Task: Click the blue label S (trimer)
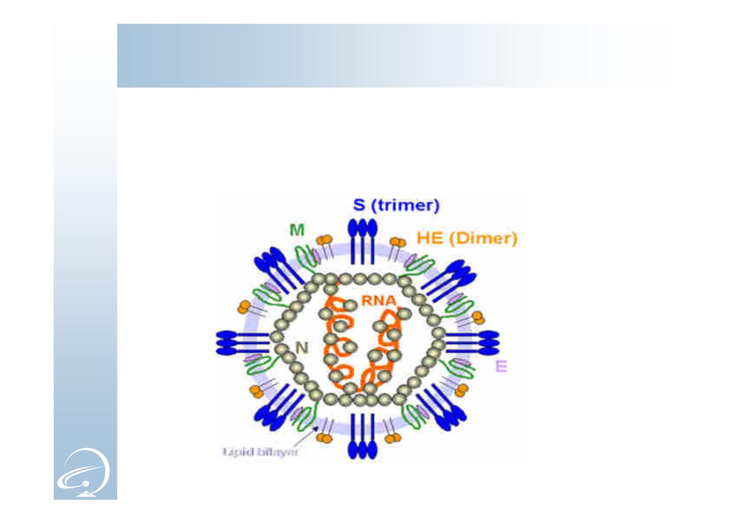(x=396, y=205)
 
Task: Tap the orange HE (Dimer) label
(x=467, y=238)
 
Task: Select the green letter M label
(x=297, y=229)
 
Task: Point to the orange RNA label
(x=378, y=300)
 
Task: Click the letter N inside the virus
(x=301, y=347)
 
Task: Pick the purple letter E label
(x=501, y=366)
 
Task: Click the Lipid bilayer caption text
(x=260, y=452)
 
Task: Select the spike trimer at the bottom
(x=362, y=436)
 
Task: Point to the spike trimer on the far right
(x=472, y=342)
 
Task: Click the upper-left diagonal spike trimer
(x=278, y=270)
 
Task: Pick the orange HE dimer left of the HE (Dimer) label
(x=397, y=242)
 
